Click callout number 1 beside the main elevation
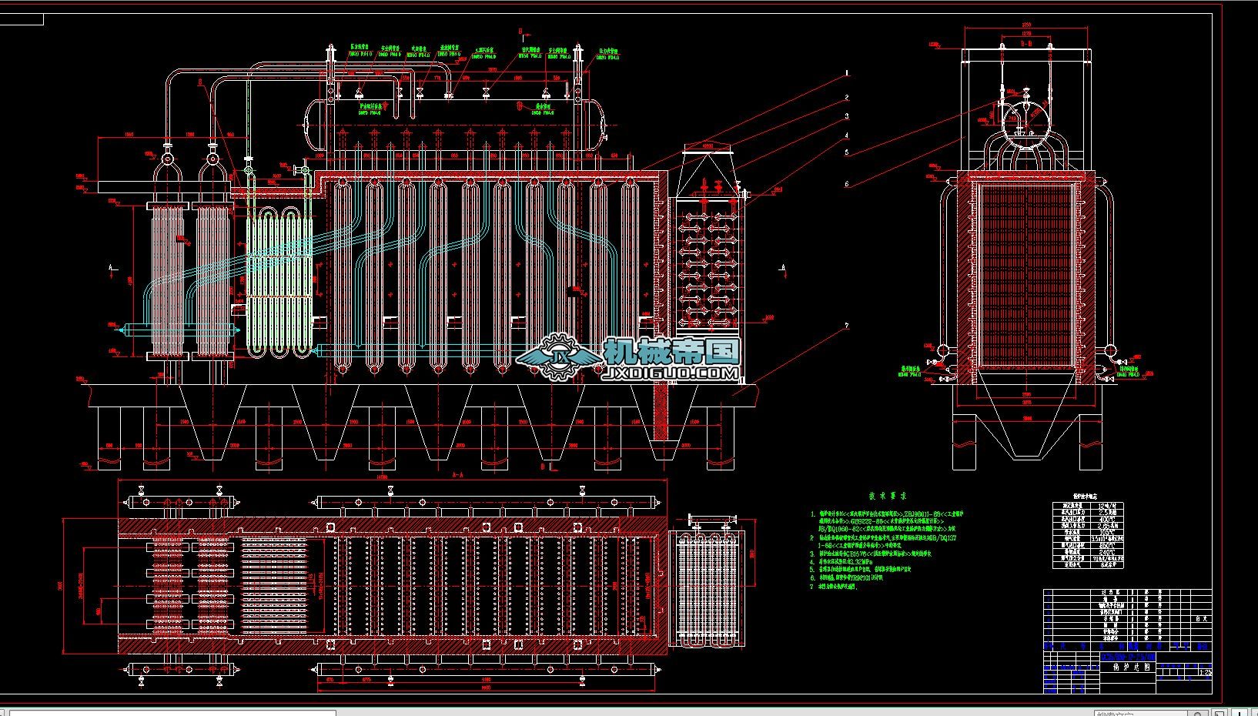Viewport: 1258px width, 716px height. point(847,72)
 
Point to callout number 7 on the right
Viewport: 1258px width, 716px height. point(847,326)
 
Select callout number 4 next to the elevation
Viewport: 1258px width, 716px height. point(847,136)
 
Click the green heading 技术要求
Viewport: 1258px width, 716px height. point(888,497)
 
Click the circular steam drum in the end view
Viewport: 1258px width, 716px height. point(1026,119)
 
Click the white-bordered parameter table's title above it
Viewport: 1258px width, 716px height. point(1086,497)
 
